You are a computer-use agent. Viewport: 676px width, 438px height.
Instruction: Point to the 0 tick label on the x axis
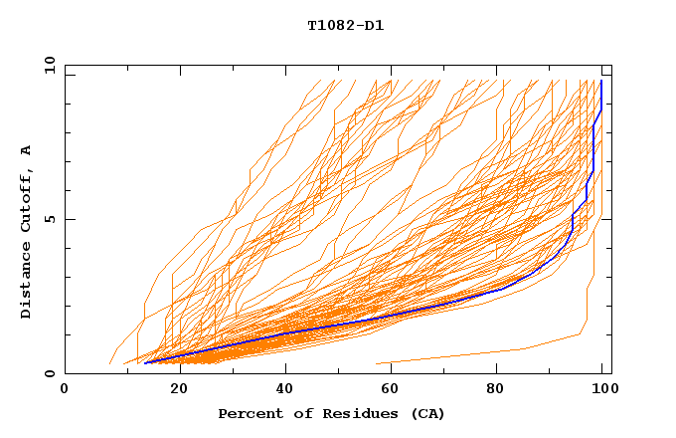click(x=65, y=390)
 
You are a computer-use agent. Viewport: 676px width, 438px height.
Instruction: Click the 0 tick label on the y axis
click(x=49, y=374)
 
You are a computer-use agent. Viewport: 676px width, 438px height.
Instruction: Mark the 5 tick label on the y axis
click(x=49, y=219)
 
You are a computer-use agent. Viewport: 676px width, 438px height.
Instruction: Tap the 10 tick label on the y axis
click(x=47, y=65)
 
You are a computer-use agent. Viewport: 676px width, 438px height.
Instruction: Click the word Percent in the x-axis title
click(x=247, y=413)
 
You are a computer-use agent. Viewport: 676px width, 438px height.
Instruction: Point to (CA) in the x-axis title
click(x=428, y=413)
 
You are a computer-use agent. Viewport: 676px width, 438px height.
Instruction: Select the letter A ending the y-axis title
click(x=27, y=150)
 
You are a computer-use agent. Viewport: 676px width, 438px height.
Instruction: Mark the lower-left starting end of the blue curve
click(x=145, y=363)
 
